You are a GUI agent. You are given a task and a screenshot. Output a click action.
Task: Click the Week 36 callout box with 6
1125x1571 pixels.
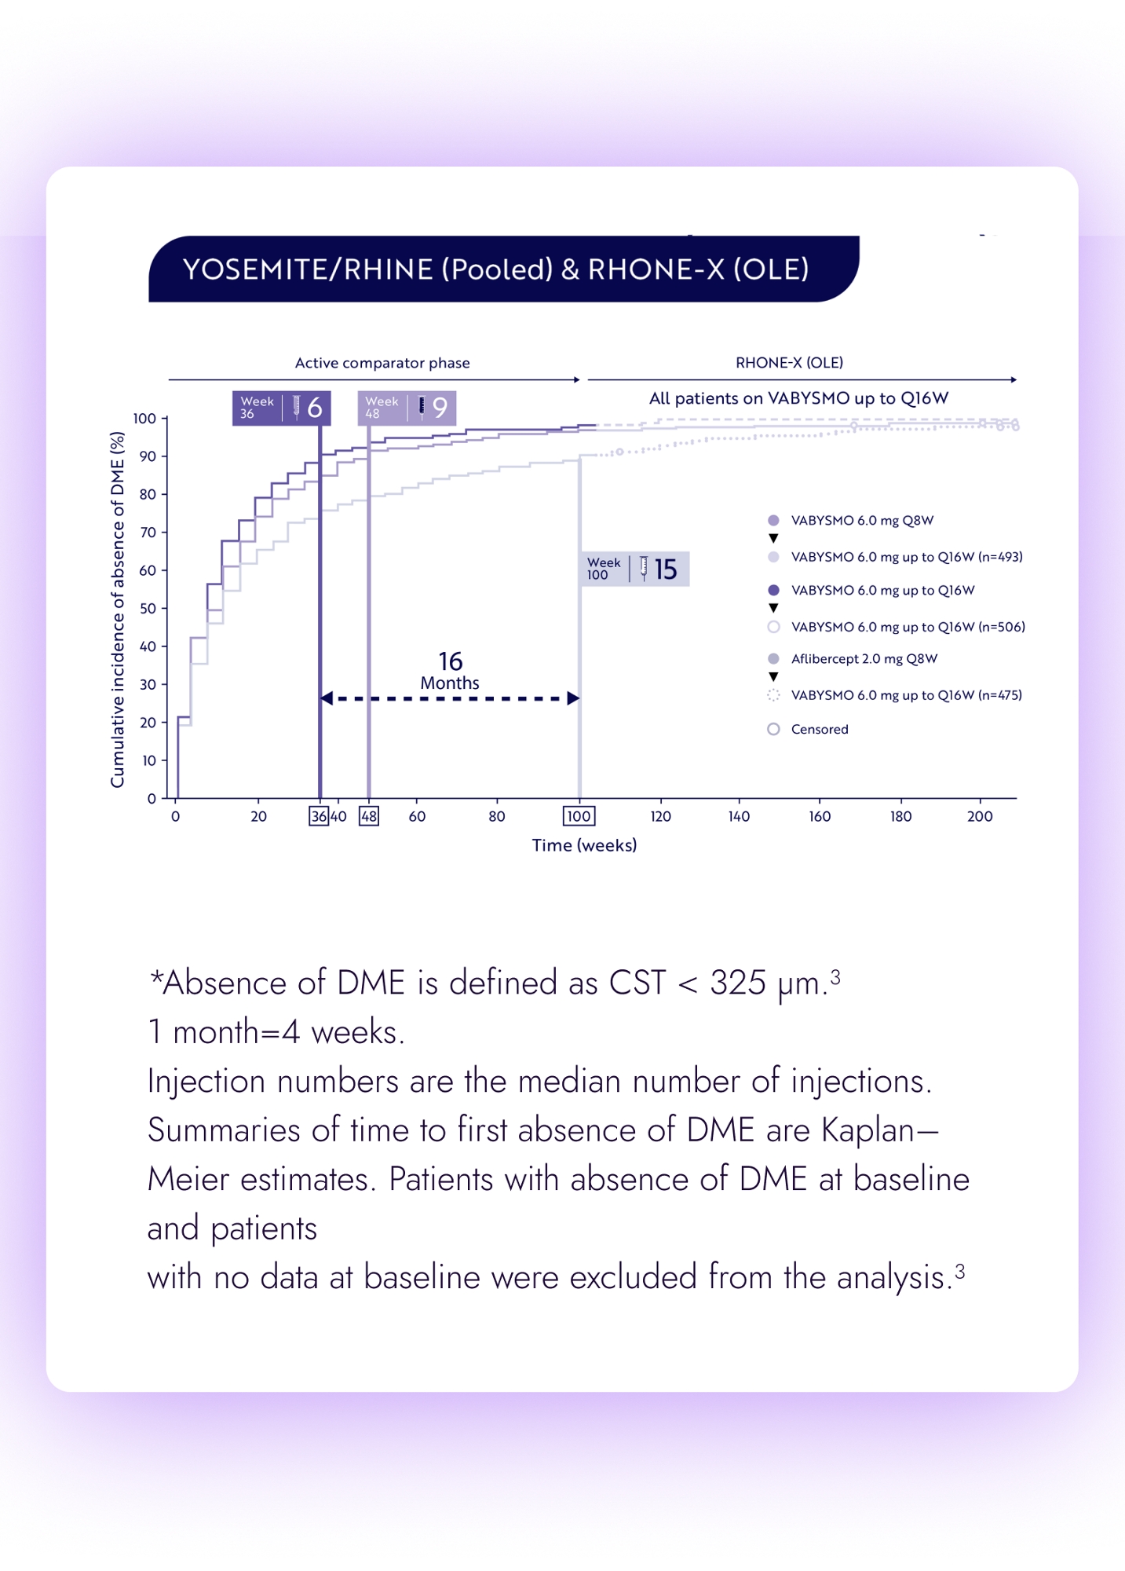click(281, 408)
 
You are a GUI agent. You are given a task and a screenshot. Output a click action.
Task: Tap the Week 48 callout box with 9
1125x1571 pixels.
click(407, 408)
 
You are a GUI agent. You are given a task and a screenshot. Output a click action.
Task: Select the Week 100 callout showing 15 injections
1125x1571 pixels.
click(635, 569)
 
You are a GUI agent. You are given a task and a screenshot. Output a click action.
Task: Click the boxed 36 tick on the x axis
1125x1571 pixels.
click(319, 816)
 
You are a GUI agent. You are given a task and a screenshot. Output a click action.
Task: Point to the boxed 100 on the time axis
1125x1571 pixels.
click(579, 816)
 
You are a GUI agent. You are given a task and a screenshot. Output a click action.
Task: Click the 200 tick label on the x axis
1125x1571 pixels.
click(979, 816)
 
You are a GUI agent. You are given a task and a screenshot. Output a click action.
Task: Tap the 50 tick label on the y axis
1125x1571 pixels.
click(148, 609)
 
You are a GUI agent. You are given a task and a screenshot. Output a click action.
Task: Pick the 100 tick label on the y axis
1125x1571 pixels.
click(144, 419)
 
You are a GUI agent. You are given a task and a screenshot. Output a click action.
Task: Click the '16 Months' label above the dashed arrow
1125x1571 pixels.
click(450, 671)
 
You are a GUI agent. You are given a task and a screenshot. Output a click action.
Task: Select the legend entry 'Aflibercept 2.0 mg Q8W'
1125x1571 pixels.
click(864, 658)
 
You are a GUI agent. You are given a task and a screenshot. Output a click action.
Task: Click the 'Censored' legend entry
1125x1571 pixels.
click(819, 729)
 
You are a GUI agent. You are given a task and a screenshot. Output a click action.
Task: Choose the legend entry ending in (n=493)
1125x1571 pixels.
click(906, 557)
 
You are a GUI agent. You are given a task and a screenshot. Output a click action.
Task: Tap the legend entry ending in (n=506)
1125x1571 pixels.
click(908, 627)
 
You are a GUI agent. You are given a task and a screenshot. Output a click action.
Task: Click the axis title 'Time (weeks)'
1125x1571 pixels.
click(584, 845)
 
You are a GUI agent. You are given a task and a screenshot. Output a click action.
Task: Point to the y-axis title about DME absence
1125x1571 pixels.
click(118, 609)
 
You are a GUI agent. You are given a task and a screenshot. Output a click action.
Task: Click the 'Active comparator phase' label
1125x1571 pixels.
click(382, 363)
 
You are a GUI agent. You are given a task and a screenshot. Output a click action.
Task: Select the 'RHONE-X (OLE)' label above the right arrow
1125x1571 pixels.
click(789, 363)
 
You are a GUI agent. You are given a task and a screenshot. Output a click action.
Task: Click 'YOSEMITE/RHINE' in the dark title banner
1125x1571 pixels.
click(308, 269)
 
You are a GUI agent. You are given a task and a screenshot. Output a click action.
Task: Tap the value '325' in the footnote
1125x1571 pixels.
click(737, 983)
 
